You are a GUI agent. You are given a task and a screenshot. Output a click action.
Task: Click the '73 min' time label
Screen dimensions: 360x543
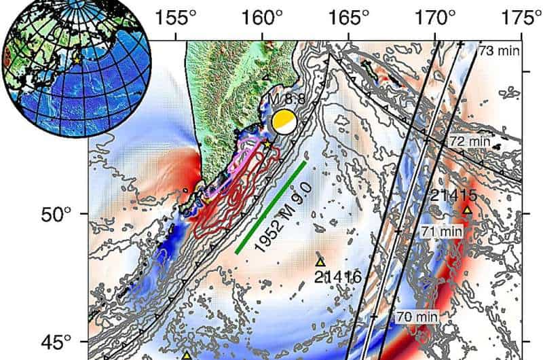(x=495, y=51)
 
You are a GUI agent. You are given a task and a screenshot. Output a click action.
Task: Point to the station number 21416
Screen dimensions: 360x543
(x=337, y=276)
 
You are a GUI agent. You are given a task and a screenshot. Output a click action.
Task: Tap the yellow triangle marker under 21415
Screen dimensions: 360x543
(x=467, y=210)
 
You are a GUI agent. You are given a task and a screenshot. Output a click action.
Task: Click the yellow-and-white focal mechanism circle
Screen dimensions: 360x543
(x=283, y=122)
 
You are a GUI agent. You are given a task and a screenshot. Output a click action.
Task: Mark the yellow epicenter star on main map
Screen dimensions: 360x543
(x=267, y=144)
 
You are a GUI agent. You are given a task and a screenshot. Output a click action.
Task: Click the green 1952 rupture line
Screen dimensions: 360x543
(x=271, y=207)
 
